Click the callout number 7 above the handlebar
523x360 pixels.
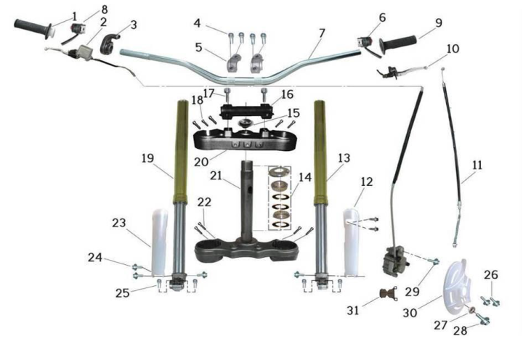click(322, 33)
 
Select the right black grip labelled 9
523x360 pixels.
click(397, 44)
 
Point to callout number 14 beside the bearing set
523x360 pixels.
click(304, 177)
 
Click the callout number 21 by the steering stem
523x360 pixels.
click(216, 176)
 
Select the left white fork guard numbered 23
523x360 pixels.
click(159, 242)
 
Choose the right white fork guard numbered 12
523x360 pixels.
click(352, 242)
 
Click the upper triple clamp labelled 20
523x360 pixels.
click(246, 141)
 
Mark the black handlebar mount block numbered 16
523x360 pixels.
click(246, 110)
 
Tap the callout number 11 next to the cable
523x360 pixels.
click(477, 165)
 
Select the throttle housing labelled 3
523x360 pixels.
click(109, 44)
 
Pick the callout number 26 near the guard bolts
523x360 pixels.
click(491, 274)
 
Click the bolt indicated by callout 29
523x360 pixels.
click(434, 262)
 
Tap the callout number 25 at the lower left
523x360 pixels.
click(123, 293)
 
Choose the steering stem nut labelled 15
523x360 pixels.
click(246, 123)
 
